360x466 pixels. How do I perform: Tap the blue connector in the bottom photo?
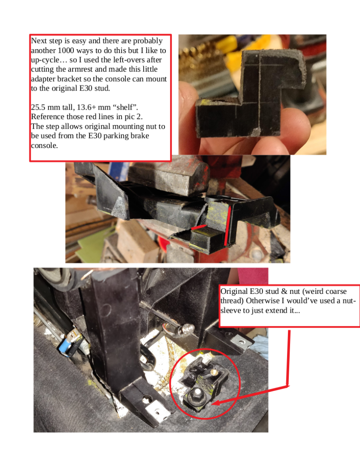(x=64, y=346)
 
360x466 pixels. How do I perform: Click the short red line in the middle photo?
(x=198, y=227)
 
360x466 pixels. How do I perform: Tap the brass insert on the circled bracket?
(x=213, y=372)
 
